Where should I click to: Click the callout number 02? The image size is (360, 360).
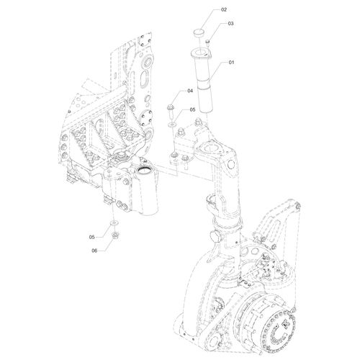pyautogui.click(x=224, y=9)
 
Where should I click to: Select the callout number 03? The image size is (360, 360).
pyautogui.click(x=230, y=24)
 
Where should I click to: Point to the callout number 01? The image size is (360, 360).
pyautogui.click(x=231, y=63)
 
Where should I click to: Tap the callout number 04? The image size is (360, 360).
pyautogui.click(x=190, y=91)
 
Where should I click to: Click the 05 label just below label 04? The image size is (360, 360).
pyautogui.click(x=192, y=109)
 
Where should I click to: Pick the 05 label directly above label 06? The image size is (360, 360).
pyautogui.click(x=91, y=237)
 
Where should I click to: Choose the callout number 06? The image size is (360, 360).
pyautogui.click(x=94, y=251)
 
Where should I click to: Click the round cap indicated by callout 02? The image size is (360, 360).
pyautogui.click(x=199, y=32)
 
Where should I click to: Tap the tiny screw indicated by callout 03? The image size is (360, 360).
pyautogui.click(x=208, y=42)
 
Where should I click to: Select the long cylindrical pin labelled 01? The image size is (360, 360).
pyautogui.click(x=203, y=81)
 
